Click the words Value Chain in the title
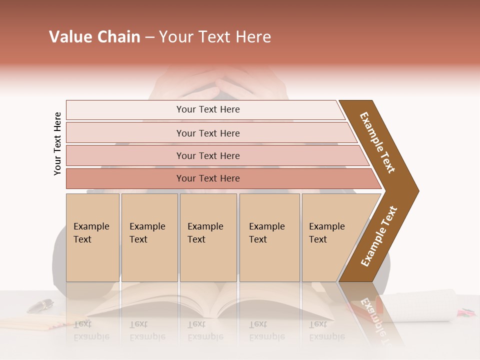pos(94,37)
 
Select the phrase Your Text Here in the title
pos(215,37)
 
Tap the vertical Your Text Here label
pos(58,143)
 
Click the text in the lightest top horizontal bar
pos(208,109)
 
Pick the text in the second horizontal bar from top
pos(208,133)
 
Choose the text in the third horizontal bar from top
pos(208,155)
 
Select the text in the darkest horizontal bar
pos(208,178)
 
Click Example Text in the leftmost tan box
pos(91,233)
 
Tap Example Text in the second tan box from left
pos(147,233)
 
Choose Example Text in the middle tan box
pos(205,233)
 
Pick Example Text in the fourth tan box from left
pos(266,233)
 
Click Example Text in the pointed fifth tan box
pos(326,233)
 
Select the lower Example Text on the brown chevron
pos(379,236)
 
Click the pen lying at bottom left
pos(40,305)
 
